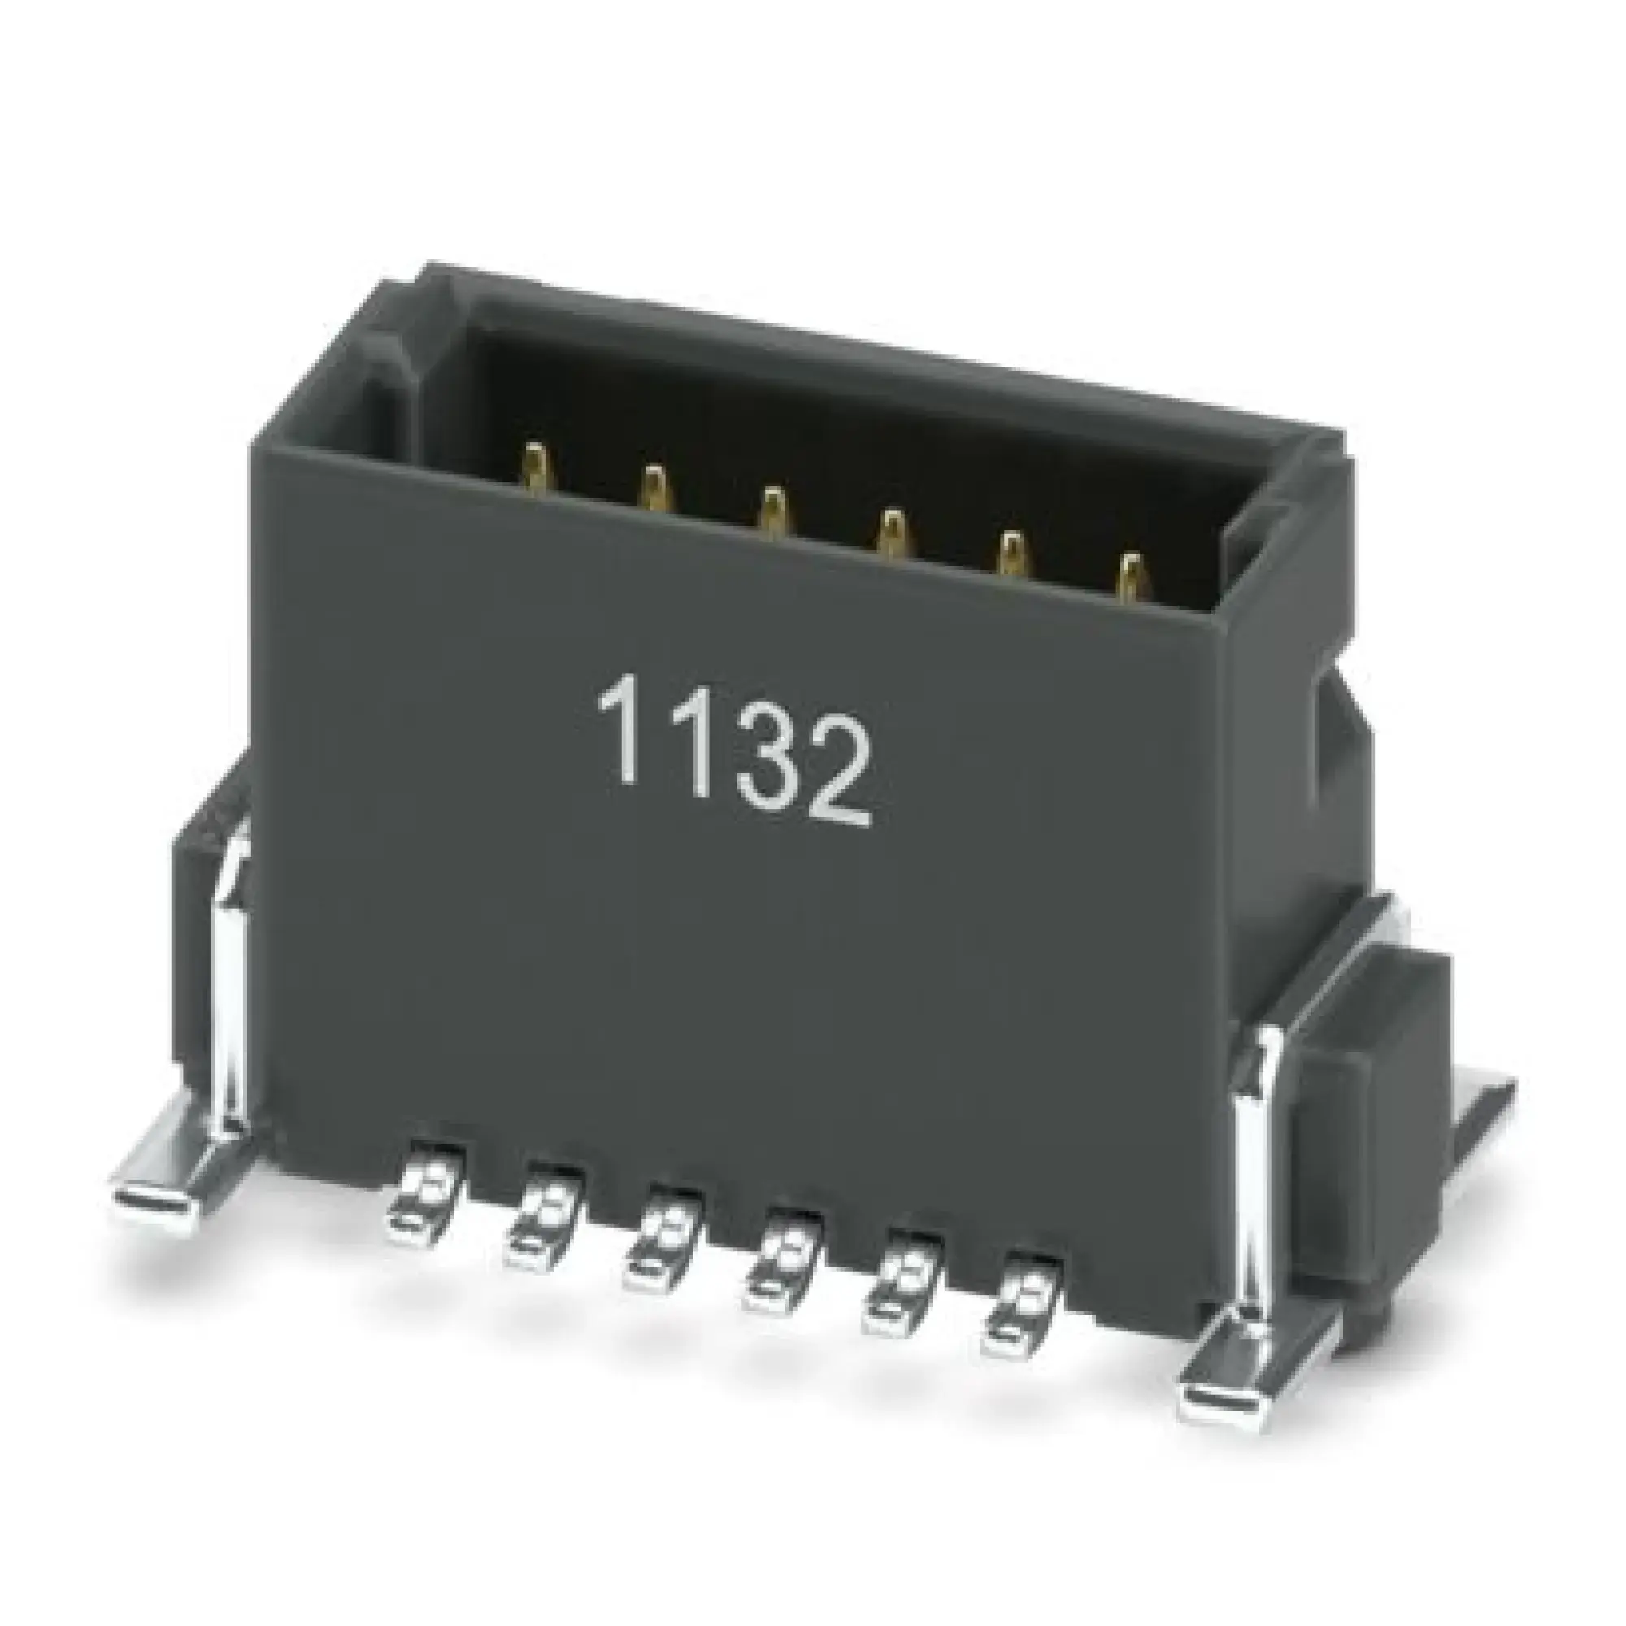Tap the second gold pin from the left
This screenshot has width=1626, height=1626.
(x=654, y=488)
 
